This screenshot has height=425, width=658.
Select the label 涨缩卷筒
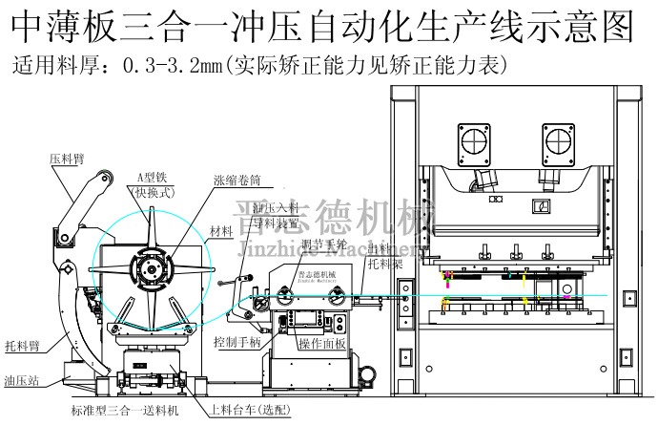(236, 181)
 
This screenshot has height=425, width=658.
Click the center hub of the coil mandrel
(152, 271)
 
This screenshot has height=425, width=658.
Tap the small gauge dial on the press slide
(543, 206)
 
